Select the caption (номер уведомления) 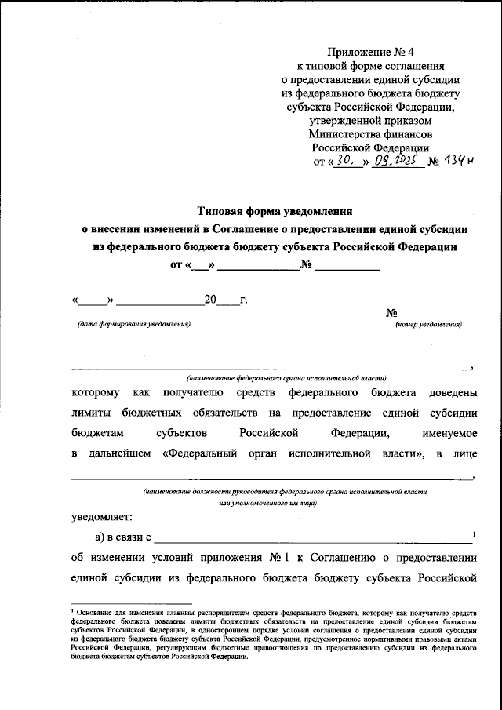428,324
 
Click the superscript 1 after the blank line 475,534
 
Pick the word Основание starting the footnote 92,610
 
